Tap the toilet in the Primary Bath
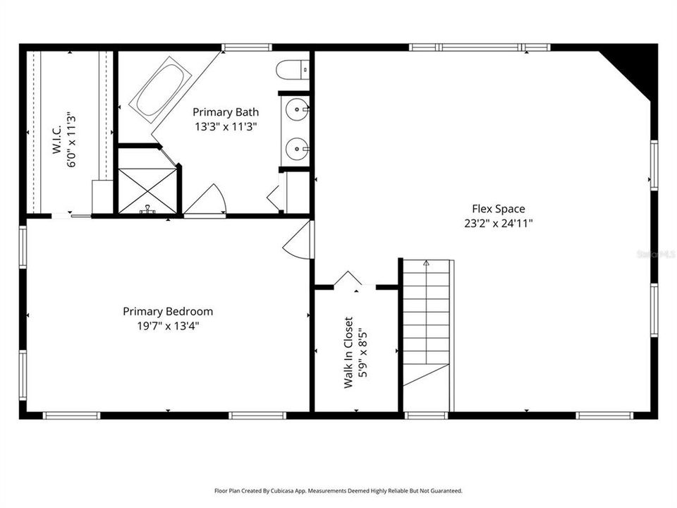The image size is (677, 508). click(x=293, y=70)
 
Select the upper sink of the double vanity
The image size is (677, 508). click(x=297, y=110)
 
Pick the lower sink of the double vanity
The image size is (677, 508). click(x=297, y=149)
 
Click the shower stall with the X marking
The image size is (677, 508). click(x=147, y=190)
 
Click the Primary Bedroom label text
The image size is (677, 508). click(x=168, y=311)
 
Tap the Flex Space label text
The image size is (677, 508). click(x=499, y=209)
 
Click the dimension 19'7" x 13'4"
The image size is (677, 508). click(x=168, y=325)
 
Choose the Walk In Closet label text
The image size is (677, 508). click(x=348, y=351)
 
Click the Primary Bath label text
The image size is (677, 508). click(x=226, y=111)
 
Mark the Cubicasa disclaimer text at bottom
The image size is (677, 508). click(x=338, y=490)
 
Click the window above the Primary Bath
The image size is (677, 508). click(x=247, y=47)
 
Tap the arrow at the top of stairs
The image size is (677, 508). click(x=426, y=263)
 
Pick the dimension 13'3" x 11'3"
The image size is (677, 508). click(x=226, y=127)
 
